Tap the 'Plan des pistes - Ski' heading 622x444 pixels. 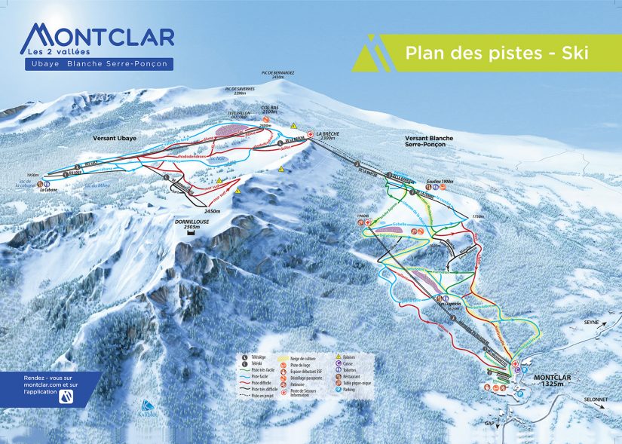tap(496, 54)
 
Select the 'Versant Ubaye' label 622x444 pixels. tap(114, 139)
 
